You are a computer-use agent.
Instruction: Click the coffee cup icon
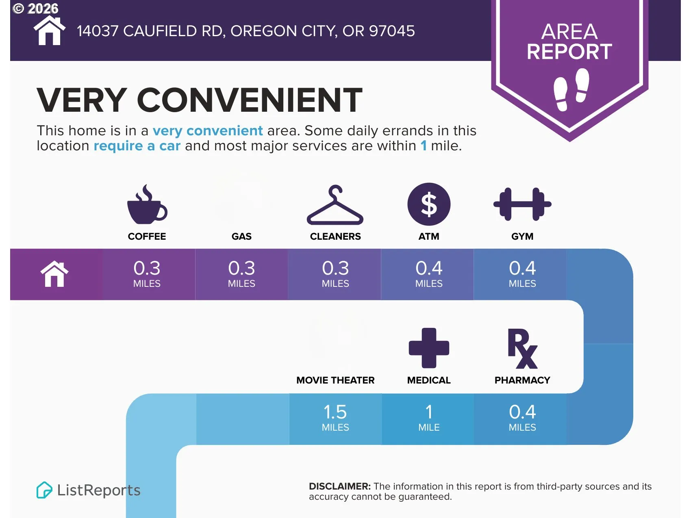click(x=147, y=205)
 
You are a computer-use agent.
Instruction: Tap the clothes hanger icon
click(x=335, y=205)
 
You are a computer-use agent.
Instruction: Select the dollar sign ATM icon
click(x=429, y=204)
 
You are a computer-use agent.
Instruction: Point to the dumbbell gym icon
click(x=522, y=204)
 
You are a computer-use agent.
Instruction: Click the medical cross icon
click(x=429, y=348)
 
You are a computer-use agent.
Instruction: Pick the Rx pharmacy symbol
click(x=523, y=349)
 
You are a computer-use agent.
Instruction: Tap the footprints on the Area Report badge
click(x=571, y=89)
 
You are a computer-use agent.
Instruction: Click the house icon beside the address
click(x=49, y=31)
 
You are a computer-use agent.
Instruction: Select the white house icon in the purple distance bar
click(x=54, y=274)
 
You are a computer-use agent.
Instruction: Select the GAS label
click(x=241, y=236)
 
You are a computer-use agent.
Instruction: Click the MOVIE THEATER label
click(x=335, y=380)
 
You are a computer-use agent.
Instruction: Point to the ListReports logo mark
click(x=44, y=490)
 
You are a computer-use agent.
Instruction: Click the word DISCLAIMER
click(x=340, y=486)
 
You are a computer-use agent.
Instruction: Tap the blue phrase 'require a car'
click(x=137, y=146)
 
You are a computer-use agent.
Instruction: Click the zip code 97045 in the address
click(x=392, y=31)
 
